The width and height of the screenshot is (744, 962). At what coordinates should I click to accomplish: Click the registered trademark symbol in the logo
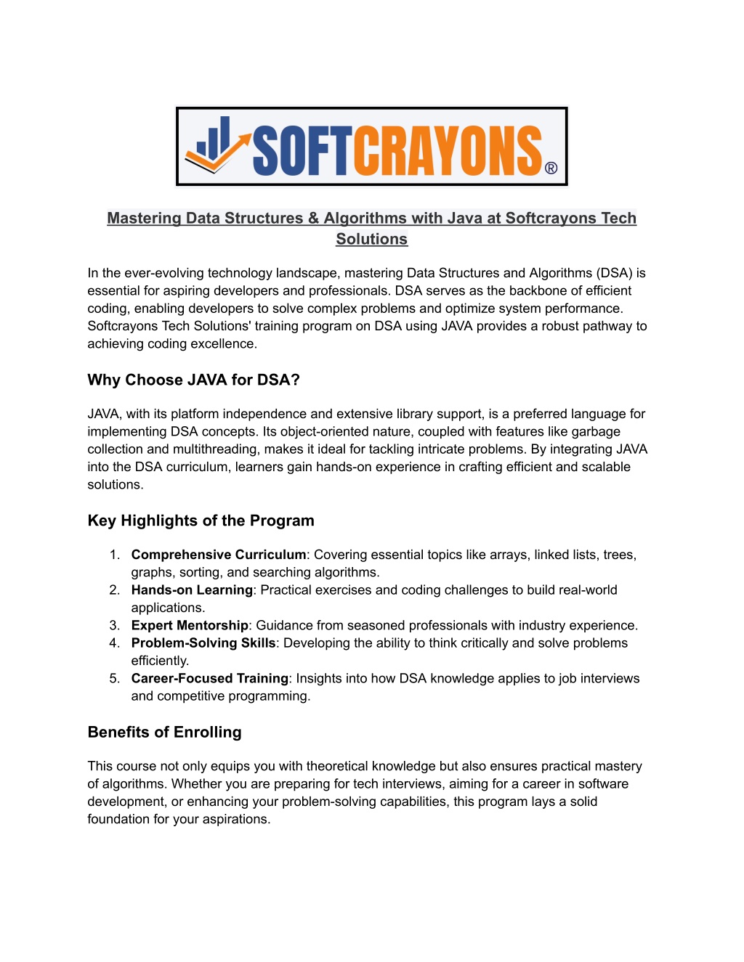pyautogui.click(x=551, y=168)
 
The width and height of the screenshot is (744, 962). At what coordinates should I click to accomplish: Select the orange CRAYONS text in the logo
pyautogui.click(x=448, y=150)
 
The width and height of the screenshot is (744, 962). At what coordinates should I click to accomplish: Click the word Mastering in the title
pyautogui.click(x=144, y=218)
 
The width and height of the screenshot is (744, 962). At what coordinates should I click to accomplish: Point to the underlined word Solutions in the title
pyautogui.click(x=371, y=239)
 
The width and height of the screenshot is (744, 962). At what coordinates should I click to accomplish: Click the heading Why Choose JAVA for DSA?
pyautogui.click(x=193, y=380)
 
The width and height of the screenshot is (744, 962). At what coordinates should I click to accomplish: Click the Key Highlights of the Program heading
pyautogui.click(x=201, y=521)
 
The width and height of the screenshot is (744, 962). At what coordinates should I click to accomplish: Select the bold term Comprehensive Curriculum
pyautogui.click(x=219, y=555)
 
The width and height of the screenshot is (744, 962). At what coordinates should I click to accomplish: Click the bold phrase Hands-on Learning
pyautogui.click(x=192, y=590)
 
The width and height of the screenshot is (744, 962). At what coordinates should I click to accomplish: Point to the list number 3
pyautogui.click(x=114, y=625)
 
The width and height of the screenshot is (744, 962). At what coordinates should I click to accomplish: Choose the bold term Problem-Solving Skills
pyautogui.click(x=203, y=643)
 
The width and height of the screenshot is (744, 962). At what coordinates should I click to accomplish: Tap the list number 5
pyautogui.click(x=114, y=678)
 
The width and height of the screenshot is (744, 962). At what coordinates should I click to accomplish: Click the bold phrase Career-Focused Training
pyautogui.click(x=210, y=678)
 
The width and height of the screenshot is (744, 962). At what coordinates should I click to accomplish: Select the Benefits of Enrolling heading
pyautogui.click(x=164, y=732)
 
